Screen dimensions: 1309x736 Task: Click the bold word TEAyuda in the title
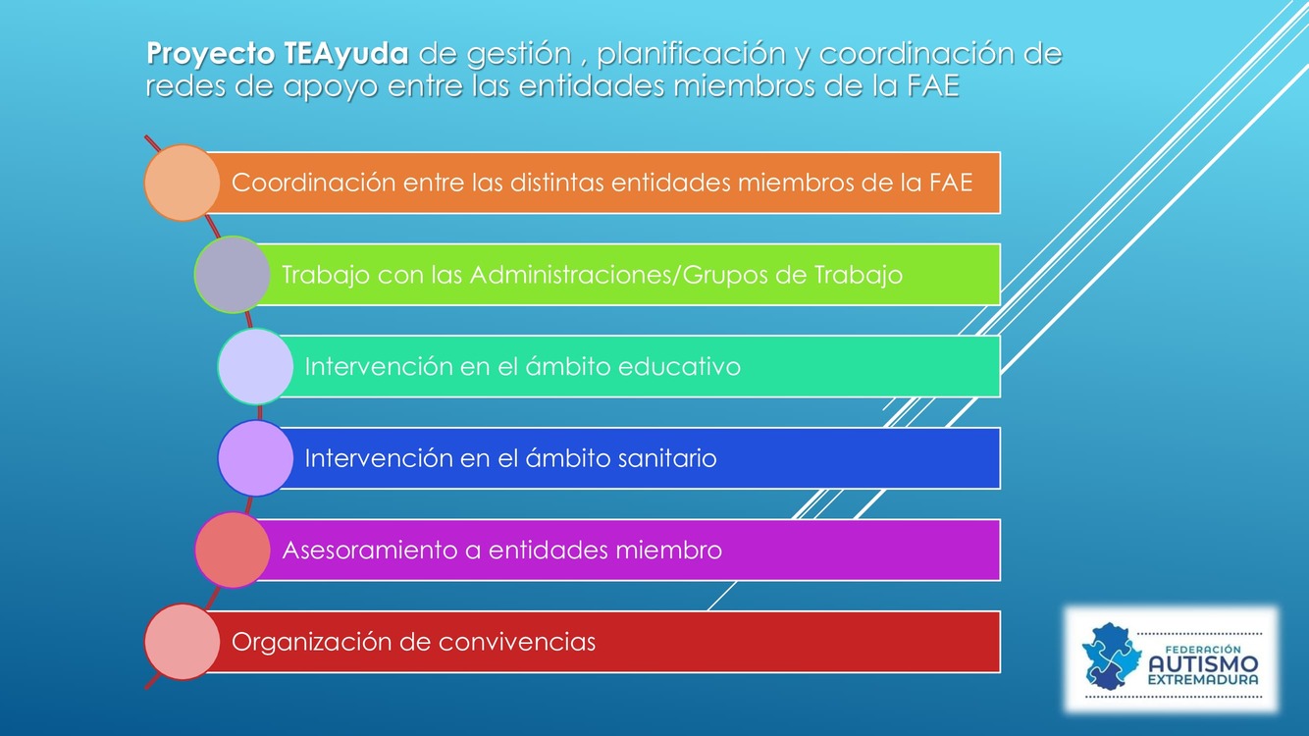click(346, 54)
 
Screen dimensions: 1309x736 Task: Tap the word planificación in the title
click(691, 54)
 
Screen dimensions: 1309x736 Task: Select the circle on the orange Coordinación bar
click(182, 183)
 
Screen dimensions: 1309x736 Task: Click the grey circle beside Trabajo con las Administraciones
click(232, 275)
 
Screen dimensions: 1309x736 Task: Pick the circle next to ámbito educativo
click(255, 367)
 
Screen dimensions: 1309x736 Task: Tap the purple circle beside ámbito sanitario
click(255, 458)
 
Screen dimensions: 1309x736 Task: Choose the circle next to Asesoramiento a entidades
click(232, 551)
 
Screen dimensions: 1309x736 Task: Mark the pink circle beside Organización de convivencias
click(182, 642)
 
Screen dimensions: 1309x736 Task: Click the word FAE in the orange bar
click(951, 183)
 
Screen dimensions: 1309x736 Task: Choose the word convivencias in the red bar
click(517, 642)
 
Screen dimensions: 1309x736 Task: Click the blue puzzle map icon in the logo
click(1111, 657)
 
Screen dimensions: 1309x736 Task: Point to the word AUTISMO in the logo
click(1203, 664)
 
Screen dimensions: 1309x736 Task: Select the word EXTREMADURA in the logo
click(1203, 680)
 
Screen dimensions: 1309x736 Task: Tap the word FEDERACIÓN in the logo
click(1203, 649)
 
